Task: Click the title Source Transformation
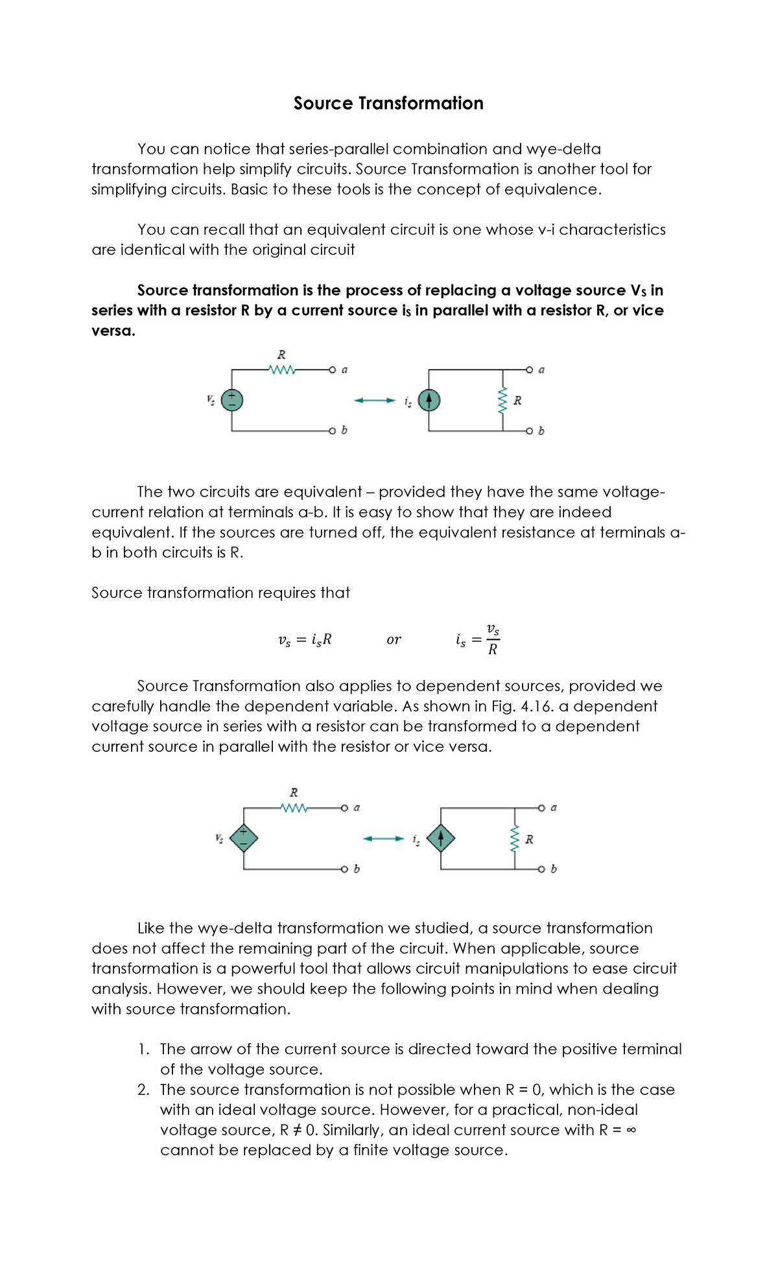pyautogui.click(x=388, y=103)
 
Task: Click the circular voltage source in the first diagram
pyautogui.click(x=232, y=400)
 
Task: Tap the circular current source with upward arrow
pyautogui.click(x=429, y=400)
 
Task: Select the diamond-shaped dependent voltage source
pyautogui.click(x=244, y=838)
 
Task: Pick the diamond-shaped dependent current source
pyautogui.click(x=441, y=838)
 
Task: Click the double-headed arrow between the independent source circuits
pyautogui.click(x=375, y=400)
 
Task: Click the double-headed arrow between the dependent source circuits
pyautogui.click(x=383, y=839)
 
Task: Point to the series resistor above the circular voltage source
pyautogui.click(x=282, y=370)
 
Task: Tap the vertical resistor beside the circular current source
pyautogui.click(x=502, y=401)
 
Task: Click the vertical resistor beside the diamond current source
pyautogui.click(x=515, y=839)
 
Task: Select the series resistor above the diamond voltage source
pyautogui.click(x=294, y=808)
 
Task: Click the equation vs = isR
pyautogui.click(x=305, y=640)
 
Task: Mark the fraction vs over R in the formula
pyautogui.click(x=493, y=639)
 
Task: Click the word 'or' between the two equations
pyautogui.click(x=394, y=640)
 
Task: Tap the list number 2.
pyautogui.click(x=143, y=1090)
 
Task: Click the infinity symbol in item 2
pyautogui.click(x=631, y=1130)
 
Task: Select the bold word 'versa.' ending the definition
pyautogui.click(x=113, y=331)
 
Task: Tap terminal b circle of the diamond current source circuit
pyautogui.click(x=541, y=869)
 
